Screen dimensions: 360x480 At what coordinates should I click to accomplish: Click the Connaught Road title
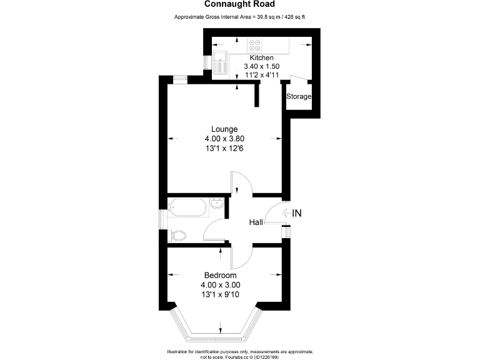(239, 4)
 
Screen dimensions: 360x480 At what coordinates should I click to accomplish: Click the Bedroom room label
(220, 276)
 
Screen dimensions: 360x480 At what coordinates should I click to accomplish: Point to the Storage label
(299, 97)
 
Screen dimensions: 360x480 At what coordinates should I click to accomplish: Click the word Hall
(256, 222)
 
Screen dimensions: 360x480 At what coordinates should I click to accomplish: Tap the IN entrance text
(297, 213)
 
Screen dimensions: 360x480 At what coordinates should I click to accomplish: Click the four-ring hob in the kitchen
(255, 44)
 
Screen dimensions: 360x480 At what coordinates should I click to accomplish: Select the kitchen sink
(220, 63)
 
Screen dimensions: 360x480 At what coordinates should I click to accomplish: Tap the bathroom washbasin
(216, 203)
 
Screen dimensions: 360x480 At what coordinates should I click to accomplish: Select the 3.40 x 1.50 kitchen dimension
(261, 66)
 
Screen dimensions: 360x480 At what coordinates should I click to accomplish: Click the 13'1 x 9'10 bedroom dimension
(220, 294)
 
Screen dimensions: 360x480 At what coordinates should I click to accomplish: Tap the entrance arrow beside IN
(285, 213)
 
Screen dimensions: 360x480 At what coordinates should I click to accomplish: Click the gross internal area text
(239, 17)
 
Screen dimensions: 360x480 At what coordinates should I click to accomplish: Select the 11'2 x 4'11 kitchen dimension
(261, 75)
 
